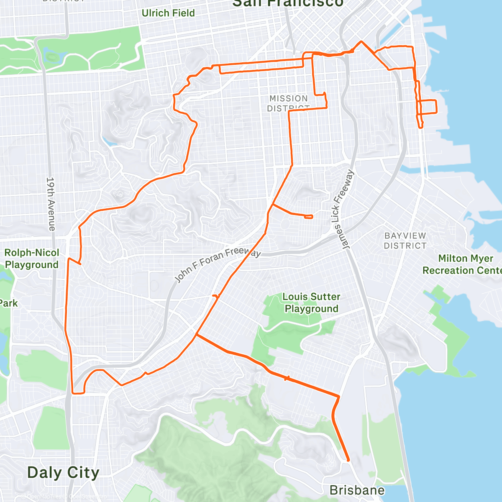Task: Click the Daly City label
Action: [x=63, y=473]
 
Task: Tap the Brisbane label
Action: [x=357, y=490]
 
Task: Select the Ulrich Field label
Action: [x=168, y=13]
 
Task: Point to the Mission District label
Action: [x=288, y=103]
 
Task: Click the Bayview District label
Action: [x=405, y=241]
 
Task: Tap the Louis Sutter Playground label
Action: [x=311, y=302]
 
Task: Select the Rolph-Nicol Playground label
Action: [x=32, y=259]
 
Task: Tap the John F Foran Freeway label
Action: [x=217, y=264]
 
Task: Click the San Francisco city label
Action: [x=287, y=3]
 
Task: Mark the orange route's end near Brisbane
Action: [x=348, y=461]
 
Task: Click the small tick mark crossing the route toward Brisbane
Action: [x=287, y=378]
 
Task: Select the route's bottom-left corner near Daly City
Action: [x=74, y=393]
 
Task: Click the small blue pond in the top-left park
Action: [x=52, y=56]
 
